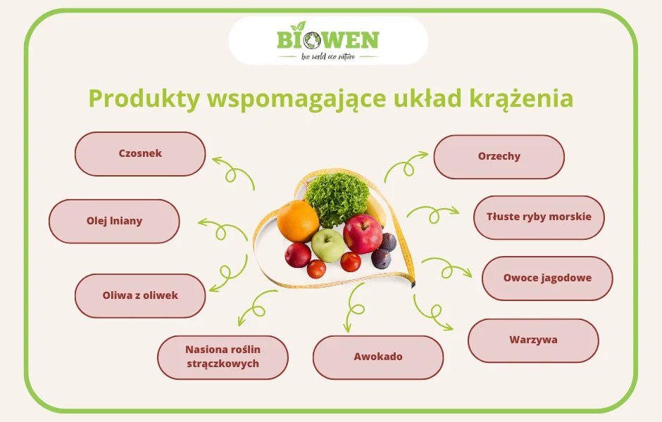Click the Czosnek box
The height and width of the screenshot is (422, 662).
point(140,153)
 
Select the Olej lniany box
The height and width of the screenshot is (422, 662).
point(114,221)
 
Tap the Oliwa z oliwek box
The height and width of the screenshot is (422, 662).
point(140,295)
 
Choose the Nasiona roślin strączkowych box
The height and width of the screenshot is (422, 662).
point(223,357)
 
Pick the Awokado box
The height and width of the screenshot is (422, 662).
point(378,357)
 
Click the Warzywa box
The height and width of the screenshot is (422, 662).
point(533,340)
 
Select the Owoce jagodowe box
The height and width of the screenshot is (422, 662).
point(547,278)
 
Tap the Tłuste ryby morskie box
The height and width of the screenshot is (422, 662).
point(539,217)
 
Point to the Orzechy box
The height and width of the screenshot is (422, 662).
point(499,157)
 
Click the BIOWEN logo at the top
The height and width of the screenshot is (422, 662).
point(328,41)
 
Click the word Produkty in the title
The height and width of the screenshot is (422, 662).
point(144,99)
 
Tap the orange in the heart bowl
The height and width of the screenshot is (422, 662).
point(298,221)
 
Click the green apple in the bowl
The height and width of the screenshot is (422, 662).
point(328,245)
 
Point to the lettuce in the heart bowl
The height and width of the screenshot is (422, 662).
point(337,198)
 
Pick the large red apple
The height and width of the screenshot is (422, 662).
point(363,234)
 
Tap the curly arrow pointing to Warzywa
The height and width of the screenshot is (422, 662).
point(432,312)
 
